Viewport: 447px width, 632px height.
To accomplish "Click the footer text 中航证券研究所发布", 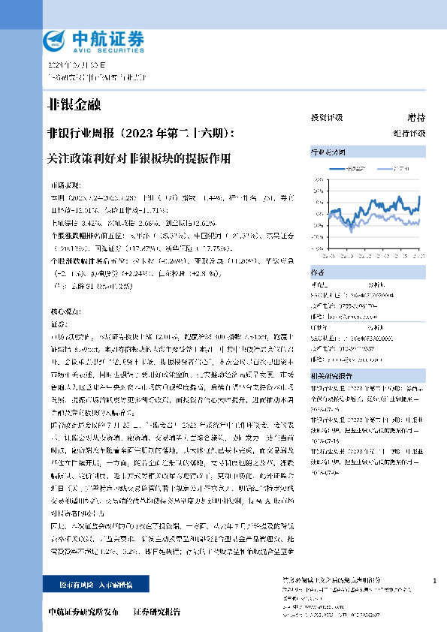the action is pyautogui.click(x=83, y=612).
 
